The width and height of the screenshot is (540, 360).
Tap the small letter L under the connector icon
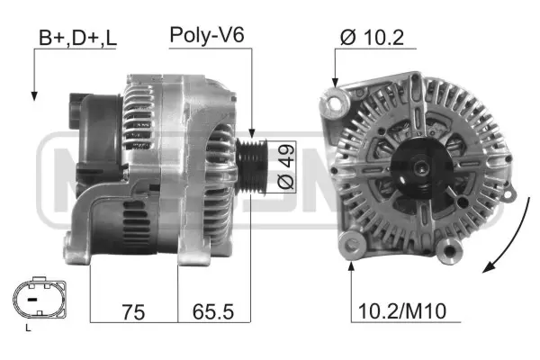point(28,328)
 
